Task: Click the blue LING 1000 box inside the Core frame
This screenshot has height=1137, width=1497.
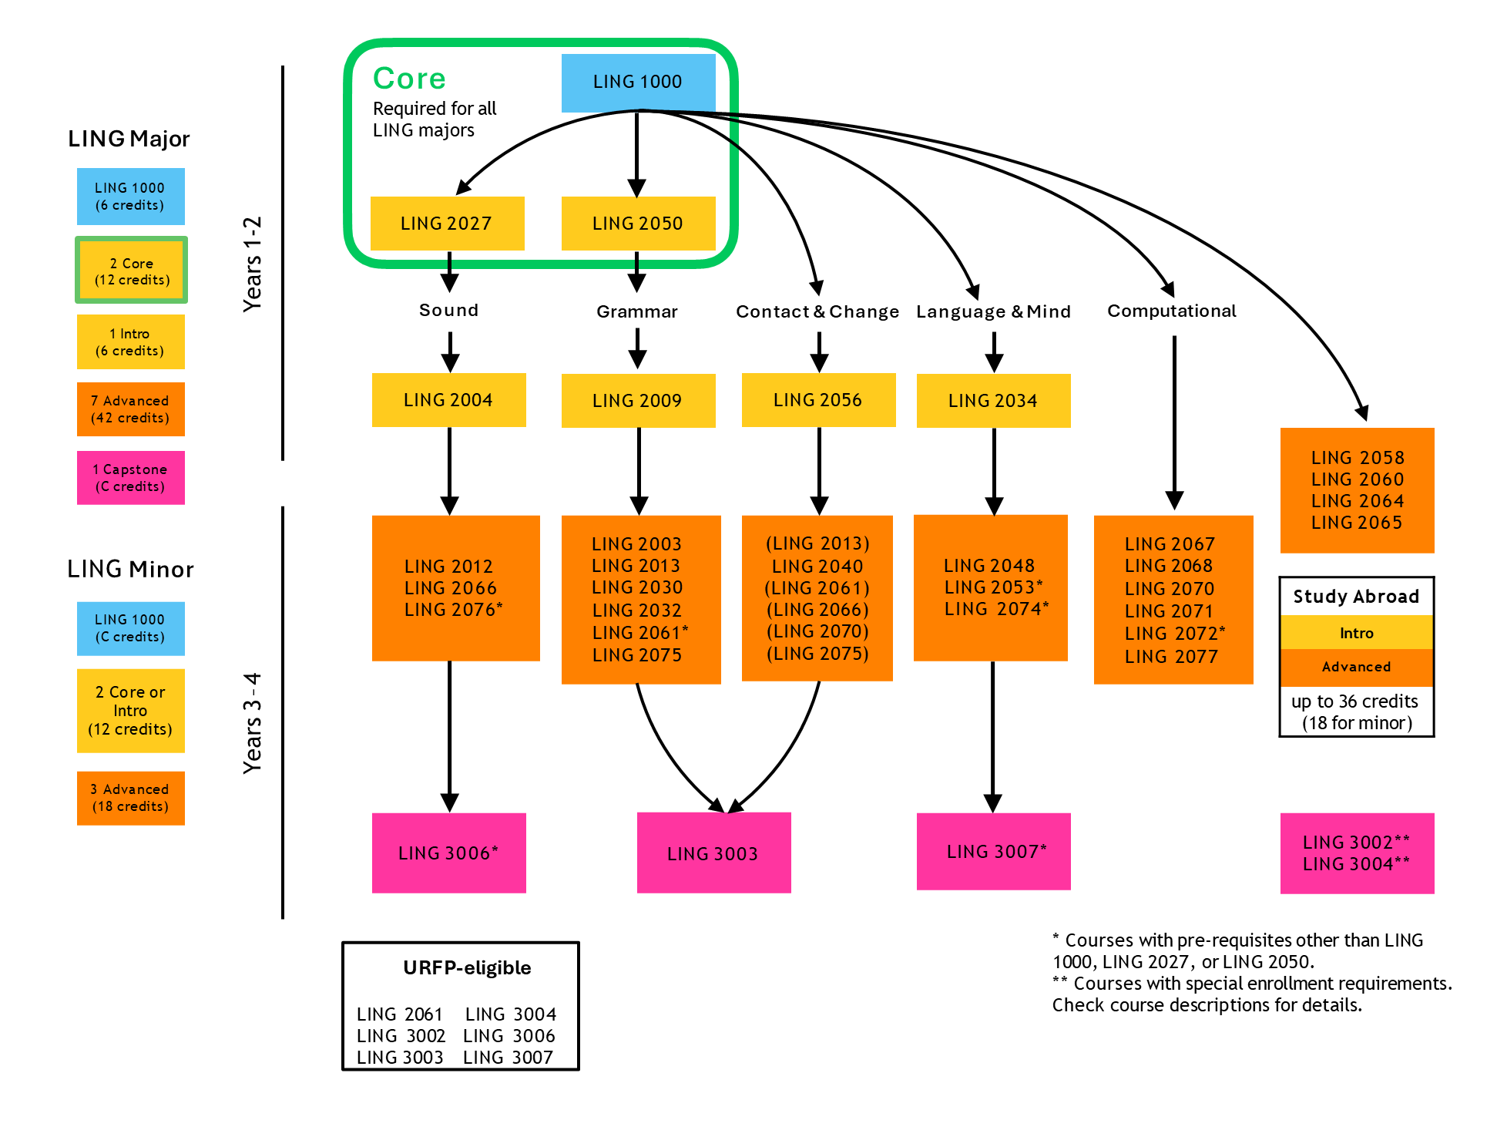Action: click(638, 82)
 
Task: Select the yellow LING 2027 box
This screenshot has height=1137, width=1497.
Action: click(447, 224)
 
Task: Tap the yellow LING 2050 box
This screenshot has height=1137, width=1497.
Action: click(638, 224)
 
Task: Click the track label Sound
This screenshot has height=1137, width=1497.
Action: click(448, 310)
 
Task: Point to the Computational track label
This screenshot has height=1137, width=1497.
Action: click(1171, 311)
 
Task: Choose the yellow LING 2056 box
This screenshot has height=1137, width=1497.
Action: click(818, 400)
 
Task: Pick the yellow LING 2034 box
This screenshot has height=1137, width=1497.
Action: click(993, 401)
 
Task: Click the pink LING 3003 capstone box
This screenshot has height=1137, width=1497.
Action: click(713, 853)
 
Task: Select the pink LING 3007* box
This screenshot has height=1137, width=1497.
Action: click(993, 852)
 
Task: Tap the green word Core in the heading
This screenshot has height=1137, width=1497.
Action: click(409, 79)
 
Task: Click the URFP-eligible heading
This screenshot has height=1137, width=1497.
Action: click(467, 967)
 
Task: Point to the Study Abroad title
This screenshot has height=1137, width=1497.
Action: click(1356, 597)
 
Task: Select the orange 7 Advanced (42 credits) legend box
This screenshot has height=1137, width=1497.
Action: click(130, 409)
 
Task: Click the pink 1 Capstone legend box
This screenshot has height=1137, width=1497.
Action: click(130, 478)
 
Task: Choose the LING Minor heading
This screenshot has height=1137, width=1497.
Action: click(130, 569)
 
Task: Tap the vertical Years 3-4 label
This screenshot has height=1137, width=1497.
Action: click(253, 723)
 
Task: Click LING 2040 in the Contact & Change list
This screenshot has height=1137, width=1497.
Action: click(817, 567)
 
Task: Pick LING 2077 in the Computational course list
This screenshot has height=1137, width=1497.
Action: click(1171, 657)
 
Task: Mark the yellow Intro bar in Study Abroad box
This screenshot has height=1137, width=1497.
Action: click(1356, 633)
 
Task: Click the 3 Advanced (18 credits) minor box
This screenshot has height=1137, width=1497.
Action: click(130, 798)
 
